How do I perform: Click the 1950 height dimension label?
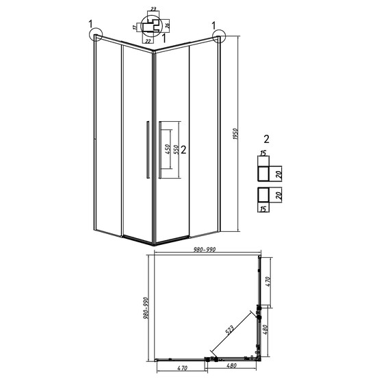point(235,133)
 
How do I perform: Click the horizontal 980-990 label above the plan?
point(205,250)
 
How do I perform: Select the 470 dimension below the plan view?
point(181,369)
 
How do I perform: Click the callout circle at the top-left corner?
point(95,35)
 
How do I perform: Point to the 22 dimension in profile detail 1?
point(150,40)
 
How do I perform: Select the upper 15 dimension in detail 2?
point(262,154)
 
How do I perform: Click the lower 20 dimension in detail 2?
point(280,196)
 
